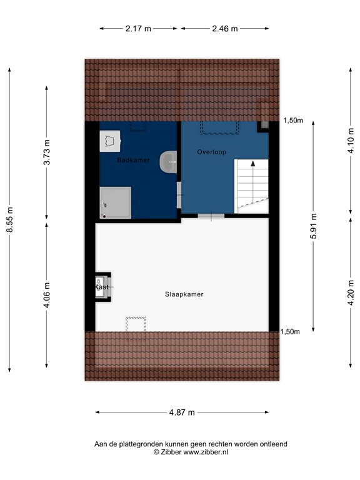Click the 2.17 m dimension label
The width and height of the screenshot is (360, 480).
tap(138, 28)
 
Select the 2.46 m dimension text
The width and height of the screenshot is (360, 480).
tap(225, 28)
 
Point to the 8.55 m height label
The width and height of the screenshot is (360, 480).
tap(9, 220)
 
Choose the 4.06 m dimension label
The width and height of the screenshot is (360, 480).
tap(46, 294)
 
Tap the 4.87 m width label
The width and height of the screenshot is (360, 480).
tap(182, 412)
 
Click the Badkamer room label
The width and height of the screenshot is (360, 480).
tap(134, 161)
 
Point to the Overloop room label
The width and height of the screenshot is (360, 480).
tap(211, 152)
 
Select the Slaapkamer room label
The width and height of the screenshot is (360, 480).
tap(184, 294)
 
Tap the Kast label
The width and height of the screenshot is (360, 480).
tap(102, 287)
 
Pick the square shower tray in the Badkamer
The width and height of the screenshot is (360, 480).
tap(116, 202)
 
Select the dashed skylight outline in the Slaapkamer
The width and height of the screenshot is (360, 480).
tap(136, 324)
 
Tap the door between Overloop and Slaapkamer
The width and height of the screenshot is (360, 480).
tap(211, 216)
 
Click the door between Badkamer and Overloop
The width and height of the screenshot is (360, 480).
tap(179, 197)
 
